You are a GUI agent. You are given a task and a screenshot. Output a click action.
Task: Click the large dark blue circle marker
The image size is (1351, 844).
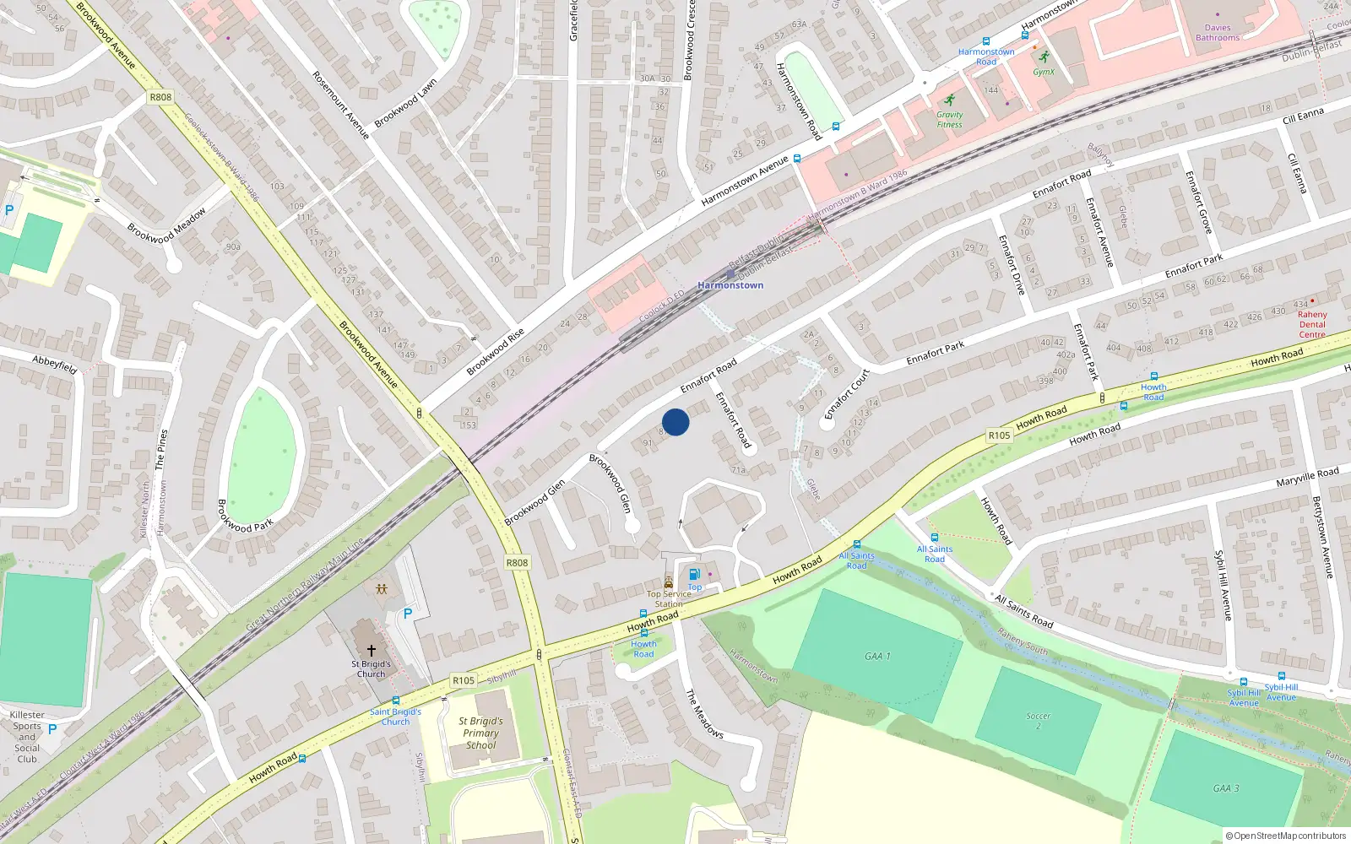(x=675, y=422)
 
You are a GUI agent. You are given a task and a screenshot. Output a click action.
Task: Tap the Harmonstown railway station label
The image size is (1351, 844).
(x=730, y=285)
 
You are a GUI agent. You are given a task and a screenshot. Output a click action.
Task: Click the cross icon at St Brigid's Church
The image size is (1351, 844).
(x=371, y=651)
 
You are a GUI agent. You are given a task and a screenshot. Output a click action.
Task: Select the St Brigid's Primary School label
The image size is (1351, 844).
(x=480, y=733)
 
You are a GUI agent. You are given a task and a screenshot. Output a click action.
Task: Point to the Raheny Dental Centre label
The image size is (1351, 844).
(x=1312, y=324)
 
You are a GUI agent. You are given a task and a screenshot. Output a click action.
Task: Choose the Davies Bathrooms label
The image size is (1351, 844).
(x=1218, y=33)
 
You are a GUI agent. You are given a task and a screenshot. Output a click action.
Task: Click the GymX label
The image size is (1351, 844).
(x=1044, y=72)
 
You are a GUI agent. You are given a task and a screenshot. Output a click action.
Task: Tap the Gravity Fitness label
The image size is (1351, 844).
(x=949, y=120)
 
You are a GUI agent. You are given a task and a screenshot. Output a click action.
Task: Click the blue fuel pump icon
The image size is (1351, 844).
(x=694, y=575)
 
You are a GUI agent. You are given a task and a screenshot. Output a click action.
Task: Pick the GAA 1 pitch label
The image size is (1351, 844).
(x=877, y=656)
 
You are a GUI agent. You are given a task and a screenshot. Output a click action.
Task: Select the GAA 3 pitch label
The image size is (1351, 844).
(x=1226, y=788)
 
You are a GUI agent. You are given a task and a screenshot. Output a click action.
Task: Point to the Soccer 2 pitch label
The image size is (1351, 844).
(x=1039, y=721)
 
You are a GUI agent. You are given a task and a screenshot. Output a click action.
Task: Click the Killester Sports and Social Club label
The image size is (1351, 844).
(x=27, y=737)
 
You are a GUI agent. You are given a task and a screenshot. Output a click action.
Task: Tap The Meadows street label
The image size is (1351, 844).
(x=703, y=714)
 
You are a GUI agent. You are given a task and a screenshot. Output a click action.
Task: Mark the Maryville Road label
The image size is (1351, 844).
(x=1307, y=477)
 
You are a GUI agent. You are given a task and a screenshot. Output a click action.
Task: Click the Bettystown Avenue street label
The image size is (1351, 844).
(x=1322, y=537)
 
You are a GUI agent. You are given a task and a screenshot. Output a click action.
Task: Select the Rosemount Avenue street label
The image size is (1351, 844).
(x=340, y=105)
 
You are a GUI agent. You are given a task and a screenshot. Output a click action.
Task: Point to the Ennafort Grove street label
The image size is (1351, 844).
(x=1198, y=203)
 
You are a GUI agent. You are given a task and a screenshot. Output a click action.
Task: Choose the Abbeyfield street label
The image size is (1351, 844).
(x=55, y=365)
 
